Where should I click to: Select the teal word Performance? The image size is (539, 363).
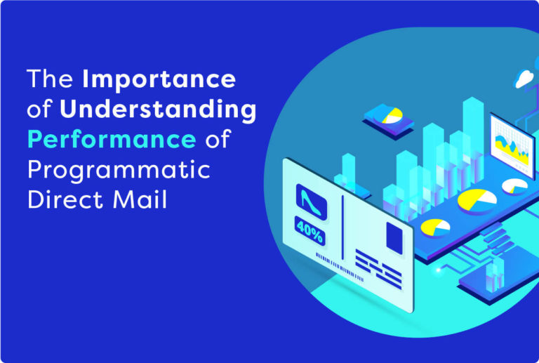(x=112, y=140)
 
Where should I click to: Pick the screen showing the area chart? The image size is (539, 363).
(x=512, y=145)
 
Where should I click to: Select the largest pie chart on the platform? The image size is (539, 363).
(x=477, y=201)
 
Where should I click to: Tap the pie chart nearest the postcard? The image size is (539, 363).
(x=436, y=227)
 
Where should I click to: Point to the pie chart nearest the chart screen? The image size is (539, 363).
(x=514, y=186)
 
